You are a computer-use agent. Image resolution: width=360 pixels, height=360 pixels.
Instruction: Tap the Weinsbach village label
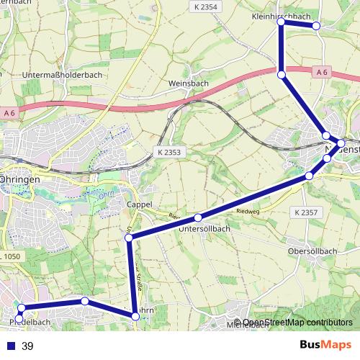[x=188, y=84]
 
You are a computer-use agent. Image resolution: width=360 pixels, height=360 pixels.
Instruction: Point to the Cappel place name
[x=139, y=204]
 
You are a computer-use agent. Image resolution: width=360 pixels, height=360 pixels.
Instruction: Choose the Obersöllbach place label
[x=312, y=251]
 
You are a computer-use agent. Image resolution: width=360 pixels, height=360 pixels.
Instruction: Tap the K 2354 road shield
[x=206, y=6]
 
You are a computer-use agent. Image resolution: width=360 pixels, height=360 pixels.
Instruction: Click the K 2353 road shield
[x=169, y=153]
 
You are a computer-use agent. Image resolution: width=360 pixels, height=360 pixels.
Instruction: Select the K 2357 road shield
[x=306, y=212]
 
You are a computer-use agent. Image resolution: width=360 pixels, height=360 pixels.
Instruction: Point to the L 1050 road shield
[x=12, y=257]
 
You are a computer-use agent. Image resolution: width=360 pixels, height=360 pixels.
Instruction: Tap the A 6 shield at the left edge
[x=9, y=113]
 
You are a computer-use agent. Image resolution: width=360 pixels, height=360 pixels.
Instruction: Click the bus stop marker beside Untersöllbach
[x=197, y=217]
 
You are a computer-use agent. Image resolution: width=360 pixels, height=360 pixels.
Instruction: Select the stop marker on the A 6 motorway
[x=282, y=74]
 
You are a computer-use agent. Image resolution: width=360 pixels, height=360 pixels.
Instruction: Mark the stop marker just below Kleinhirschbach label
[x=281, y=23]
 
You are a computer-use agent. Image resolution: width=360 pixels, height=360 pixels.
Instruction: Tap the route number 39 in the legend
[x=28, y=346]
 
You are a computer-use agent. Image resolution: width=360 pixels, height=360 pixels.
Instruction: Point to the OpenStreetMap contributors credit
[x=297, y=323]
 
